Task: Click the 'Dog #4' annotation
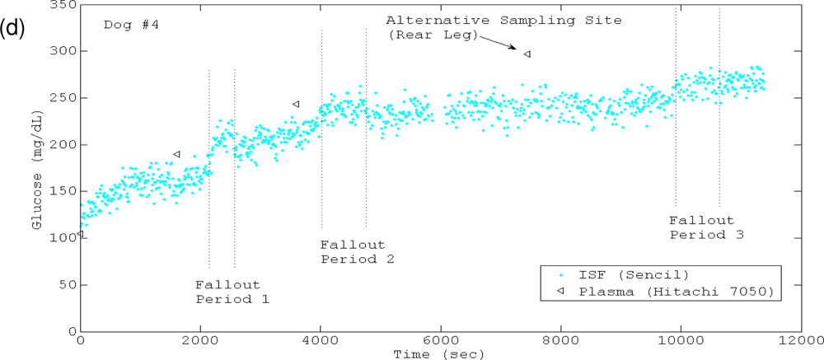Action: [x=131, y=24]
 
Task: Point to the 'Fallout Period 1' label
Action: [x=232, y=292]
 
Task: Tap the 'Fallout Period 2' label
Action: [x=357, y=252]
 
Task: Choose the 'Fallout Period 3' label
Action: [x=706, y=227]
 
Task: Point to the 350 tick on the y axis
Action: [x=63, y=5]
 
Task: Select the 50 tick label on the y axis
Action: [x=67, y=284]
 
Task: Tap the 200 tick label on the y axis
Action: [x=63, y=145]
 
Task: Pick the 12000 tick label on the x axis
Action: [x=800, y=339]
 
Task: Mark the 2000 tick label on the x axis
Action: [x=200, y=339]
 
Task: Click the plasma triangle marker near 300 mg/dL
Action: [x=527, y=54]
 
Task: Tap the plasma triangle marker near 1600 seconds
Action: [x=176, y=154]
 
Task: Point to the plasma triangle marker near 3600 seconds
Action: [x=296, y=104]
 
